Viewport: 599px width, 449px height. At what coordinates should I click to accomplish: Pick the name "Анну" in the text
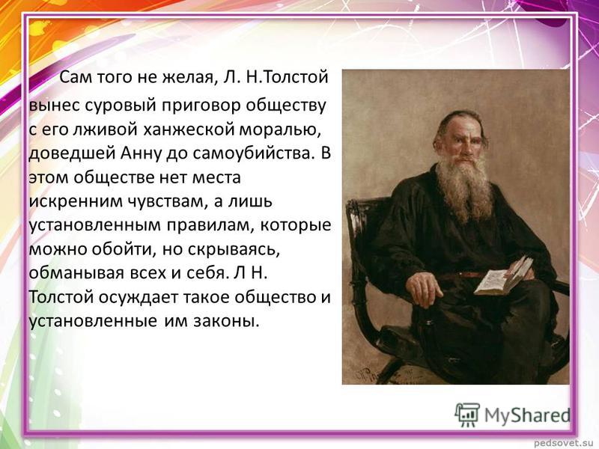139,153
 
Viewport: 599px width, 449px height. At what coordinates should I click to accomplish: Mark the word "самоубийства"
255,153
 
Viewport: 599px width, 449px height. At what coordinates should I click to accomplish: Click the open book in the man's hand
503,275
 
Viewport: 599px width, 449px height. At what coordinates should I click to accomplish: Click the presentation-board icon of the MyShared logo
467,415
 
